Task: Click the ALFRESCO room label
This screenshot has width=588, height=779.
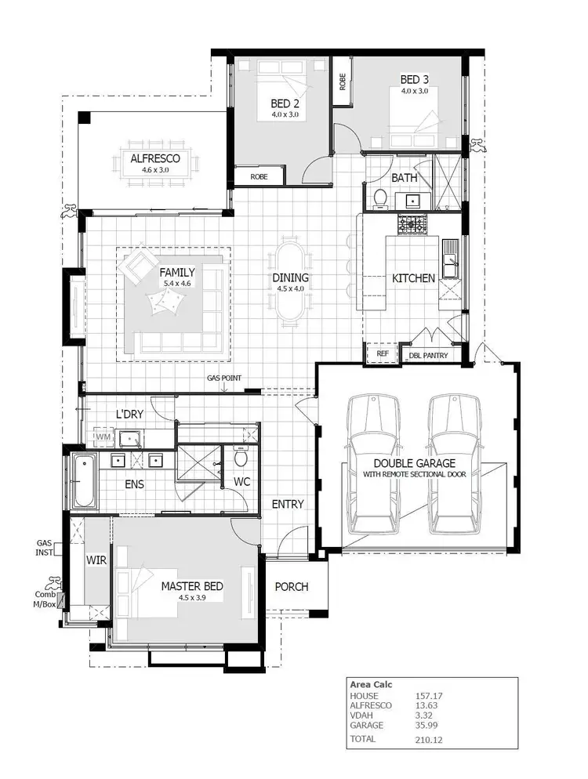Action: [155, 158]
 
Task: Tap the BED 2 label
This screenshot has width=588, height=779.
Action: [285, 103]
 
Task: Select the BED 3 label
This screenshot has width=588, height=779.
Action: [415, 79]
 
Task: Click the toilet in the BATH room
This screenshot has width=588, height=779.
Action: [379, 197]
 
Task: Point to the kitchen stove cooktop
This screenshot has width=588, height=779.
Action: [412, 225]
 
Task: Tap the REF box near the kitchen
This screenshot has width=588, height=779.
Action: [383, 354]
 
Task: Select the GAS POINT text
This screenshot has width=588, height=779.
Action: [223, 379]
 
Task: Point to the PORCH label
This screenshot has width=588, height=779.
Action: [291, 586]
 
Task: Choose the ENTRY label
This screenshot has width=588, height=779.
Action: [287, 504]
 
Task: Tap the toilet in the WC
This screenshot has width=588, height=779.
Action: [241, 456]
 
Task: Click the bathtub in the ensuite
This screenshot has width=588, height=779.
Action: [83, 480]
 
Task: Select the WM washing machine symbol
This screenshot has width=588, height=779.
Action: [103, 436]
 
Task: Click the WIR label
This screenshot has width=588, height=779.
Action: [96, 561]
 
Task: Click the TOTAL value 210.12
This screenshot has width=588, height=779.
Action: [430, 738]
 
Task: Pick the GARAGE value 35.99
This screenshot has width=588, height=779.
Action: [427, 726]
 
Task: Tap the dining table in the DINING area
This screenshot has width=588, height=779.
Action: [289, 280]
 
